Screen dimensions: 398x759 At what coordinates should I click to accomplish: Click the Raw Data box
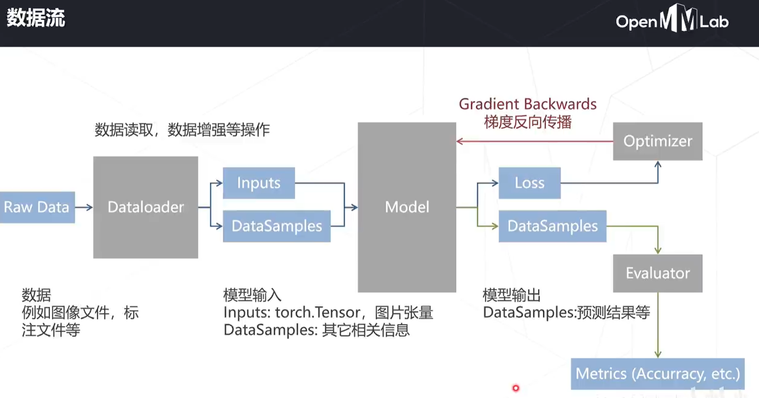pos(37,207)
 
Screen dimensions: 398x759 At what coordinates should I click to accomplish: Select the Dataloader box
pos(145,207)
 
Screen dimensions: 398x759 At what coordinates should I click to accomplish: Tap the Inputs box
pos(259,183)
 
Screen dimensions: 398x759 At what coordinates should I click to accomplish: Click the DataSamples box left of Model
pos(277,226)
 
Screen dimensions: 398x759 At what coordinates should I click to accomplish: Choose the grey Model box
pos(407,207)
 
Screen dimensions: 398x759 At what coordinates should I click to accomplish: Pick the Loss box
pos(530,183)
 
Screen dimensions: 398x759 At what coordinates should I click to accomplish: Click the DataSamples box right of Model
pos(552,226)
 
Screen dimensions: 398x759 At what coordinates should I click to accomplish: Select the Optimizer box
pos(658,141)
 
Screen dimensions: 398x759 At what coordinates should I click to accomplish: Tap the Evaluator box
pos(658,273)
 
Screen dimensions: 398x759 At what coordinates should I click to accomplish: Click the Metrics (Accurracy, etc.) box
pos(658,374)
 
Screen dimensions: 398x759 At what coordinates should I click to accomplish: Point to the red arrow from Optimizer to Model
pos(533,141)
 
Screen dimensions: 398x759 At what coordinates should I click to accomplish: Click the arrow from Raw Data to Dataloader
pos(84,207)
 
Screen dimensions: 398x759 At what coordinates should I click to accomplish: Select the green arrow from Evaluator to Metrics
pos(658,326)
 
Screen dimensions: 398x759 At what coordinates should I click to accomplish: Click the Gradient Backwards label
pos(527,104)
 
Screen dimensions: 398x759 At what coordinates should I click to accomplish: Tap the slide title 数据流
pos(36,19)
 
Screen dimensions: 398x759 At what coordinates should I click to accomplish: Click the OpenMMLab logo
pos(672,20)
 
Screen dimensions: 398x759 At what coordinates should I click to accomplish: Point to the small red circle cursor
pos(515,388)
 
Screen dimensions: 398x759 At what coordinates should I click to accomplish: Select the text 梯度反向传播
pos(527,122)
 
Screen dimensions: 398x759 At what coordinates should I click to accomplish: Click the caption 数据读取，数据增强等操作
pos(182,130)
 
